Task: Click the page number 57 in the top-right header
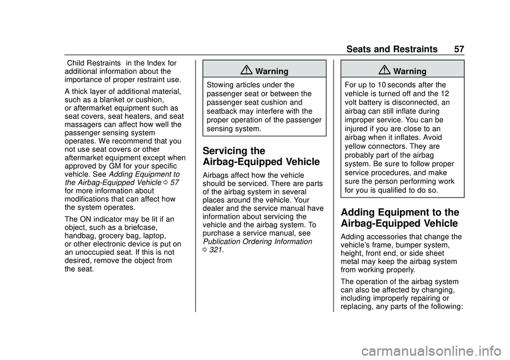click(459, 49)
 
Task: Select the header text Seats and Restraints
click(392, 49)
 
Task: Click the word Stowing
click(221, 84)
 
